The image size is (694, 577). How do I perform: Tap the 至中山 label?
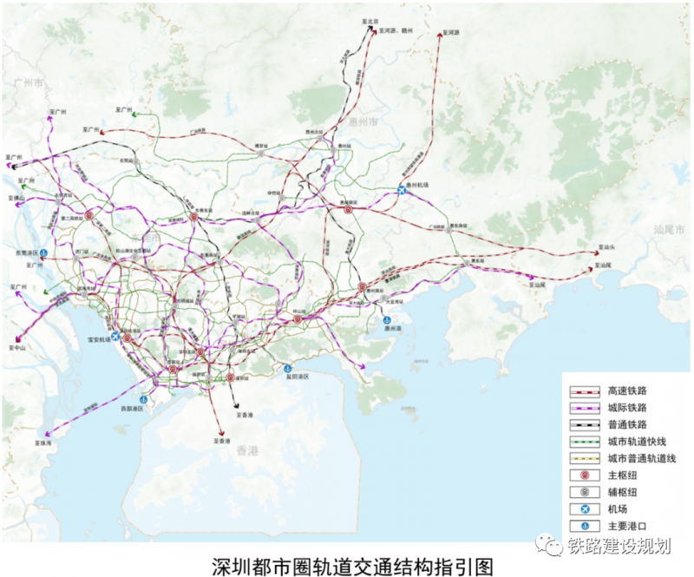tap(18, 346)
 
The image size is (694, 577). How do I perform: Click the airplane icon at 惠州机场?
tap(402, 190)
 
